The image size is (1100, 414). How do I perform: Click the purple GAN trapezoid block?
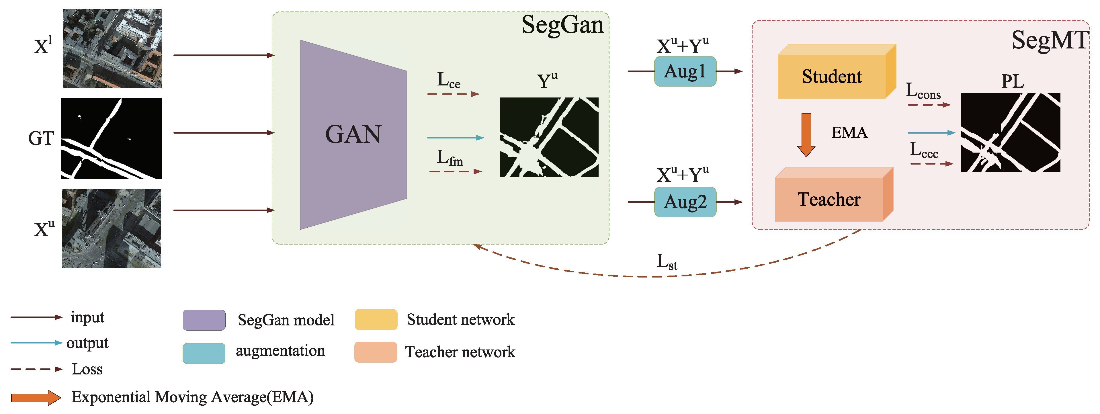pos(353,134)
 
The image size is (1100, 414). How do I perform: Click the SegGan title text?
pos(562,25)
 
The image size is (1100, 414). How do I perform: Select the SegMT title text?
pos(1049,41)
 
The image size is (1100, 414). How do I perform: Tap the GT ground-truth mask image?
pos(112,138)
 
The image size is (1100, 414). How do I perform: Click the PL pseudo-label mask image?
pos(1010,133)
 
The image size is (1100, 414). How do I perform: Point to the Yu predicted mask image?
pos(549,137)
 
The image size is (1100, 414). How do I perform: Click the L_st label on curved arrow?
pos(667,261)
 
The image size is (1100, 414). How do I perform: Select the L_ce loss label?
pos(448,80)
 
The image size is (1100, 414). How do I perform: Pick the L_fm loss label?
pos(450,158)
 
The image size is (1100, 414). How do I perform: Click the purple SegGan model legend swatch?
pos(204,320)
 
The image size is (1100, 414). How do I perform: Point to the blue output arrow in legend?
pos(36,343)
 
